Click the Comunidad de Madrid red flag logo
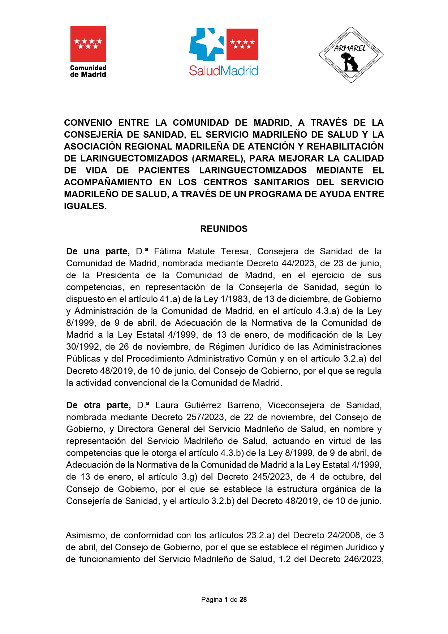88,44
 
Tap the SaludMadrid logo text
224,70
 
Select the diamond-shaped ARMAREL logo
351,55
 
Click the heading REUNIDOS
224,229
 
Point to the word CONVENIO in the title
88,122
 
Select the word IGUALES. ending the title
85,206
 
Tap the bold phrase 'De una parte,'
98,251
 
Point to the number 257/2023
205,417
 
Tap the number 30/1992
83,346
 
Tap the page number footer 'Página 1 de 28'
224,599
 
